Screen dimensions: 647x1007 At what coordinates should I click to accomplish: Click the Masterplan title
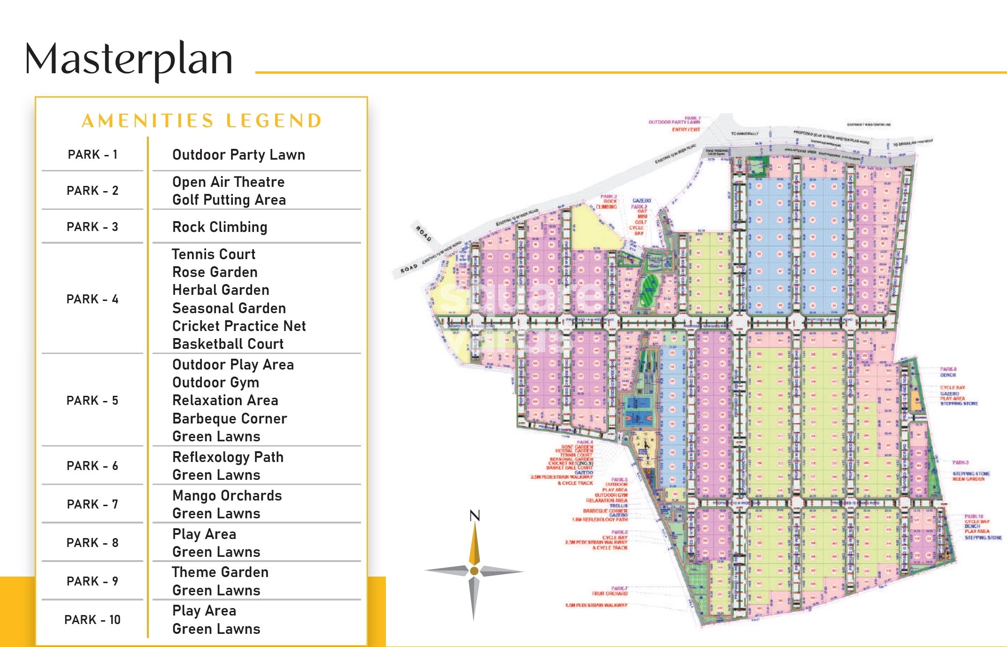129,60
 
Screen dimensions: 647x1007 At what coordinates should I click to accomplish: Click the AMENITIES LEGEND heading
201,121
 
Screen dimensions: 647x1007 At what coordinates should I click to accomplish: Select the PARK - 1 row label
92,154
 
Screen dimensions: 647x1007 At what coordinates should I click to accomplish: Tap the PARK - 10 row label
92,620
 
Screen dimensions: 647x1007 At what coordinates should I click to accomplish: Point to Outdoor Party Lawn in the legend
238,154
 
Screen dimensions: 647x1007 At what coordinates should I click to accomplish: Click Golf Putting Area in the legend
229,200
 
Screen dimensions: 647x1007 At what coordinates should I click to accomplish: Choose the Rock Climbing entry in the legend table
220,227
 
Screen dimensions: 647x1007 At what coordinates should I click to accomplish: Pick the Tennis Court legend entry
214,254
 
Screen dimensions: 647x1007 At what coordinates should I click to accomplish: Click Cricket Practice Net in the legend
239,326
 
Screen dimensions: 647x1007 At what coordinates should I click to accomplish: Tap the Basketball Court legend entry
228,344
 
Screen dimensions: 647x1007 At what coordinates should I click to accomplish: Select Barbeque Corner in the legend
230,418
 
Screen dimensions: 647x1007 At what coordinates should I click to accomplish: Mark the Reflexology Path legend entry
228,457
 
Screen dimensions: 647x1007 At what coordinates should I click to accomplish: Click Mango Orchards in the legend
227,495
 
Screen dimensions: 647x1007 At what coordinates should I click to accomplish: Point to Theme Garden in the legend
220,572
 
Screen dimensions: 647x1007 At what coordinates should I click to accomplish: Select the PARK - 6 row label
92,466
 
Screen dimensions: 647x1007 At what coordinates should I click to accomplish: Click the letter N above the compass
475,516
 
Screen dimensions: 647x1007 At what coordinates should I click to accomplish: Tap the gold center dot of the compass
474,571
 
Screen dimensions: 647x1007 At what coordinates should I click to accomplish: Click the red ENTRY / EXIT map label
685,129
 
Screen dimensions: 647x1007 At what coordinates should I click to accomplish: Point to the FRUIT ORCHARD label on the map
609,593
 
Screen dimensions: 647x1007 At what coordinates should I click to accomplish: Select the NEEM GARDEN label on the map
968,479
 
